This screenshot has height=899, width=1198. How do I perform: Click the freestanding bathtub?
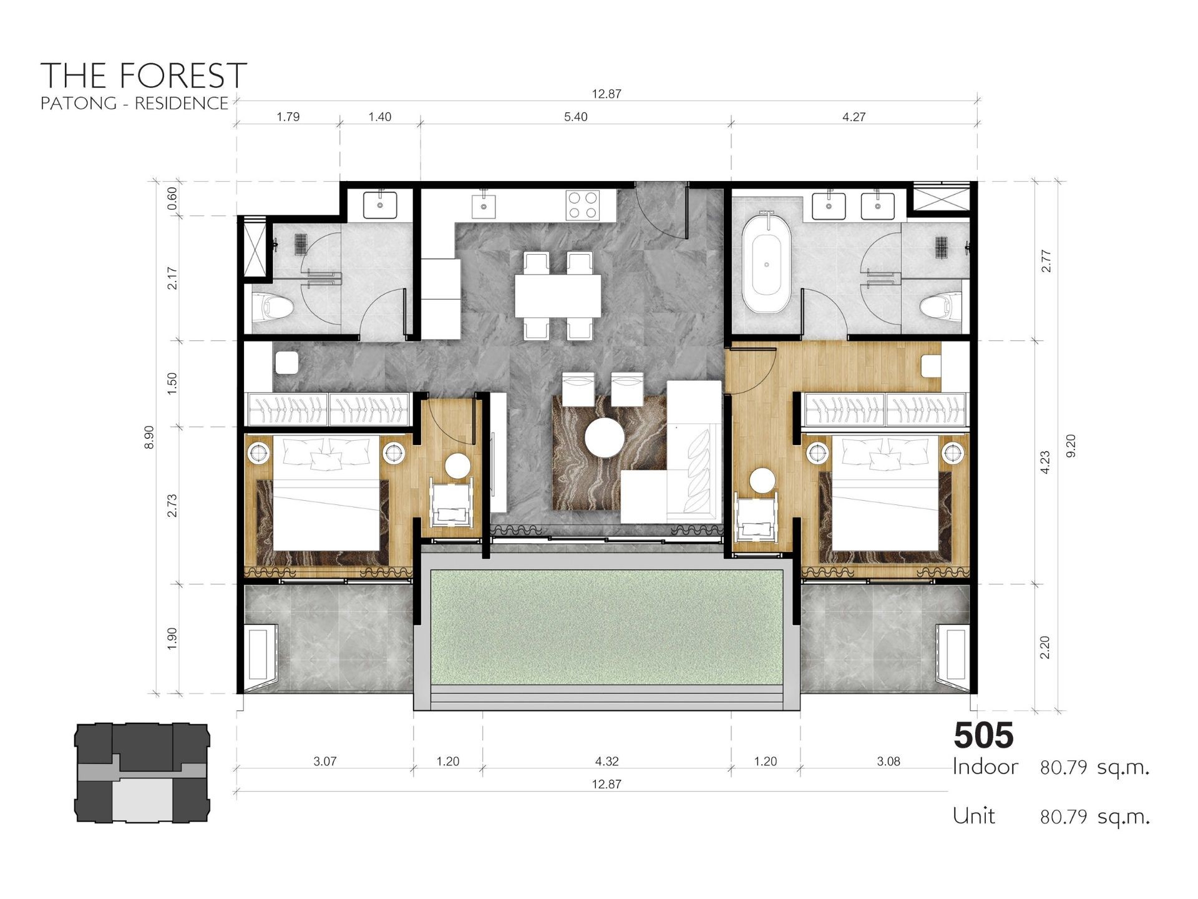tap(766, 263)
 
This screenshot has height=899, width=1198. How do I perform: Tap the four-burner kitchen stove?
tap(582, 205)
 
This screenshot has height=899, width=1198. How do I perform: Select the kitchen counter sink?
tap(484, 205)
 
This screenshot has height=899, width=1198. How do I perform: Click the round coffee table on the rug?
tap(605, 438)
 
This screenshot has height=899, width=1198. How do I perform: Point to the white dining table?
tap(558, 296)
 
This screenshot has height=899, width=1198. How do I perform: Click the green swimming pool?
tap(606, 627)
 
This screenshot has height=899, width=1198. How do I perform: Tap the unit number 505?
tap(983, 735)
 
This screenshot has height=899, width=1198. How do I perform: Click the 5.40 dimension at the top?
tap(575, 117)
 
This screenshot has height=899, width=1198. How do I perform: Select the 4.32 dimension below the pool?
tap(606, 761)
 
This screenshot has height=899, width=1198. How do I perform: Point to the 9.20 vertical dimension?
tap(1071, 446)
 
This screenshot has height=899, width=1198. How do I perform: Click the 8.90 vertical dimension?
tap(149, 438)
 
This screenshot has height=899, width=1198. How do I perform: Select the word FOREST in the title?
tap(183, 76)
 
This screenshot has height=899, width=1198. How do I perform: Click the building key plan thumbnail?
tap(142, 773)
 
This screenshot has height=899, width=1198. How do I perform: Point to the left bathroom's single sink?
tap(380, 205)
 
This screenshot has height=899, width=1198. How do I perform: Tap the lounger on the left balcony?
tap(262, 653)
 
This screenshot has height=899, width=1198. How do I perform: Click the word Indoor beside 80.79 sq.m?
tap(985, 767)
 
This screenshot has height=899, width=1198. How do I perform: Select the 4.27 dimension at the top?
tap(854, 117)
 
